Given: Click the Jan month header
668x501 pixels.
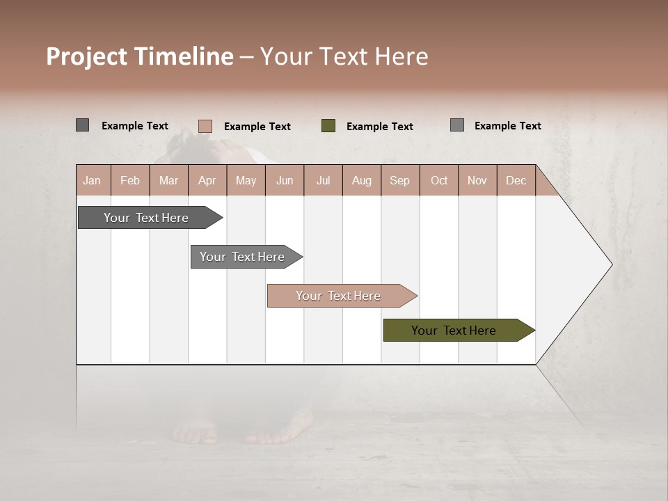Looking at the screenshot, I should tap(92, 180).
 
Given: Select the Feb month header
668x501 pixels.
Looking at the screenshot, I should tap(130, 180).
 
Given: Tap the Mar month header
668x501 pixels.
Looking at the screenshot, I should tap(168, 180).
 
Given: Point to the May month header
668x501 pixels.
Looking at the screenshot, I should tap(246, 180).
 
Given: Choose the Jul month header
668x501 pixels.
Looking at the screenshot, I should tap(323, 180).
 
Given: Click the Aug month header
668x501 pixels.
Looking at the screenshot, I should tap(361, 180).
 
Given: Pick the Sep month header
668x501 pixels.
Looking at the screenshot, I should tap(399, 180).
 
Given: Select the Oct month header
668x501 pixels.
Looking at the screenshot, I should tap(439, 180).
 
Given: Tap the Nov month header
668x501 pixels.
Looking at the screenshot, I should tap(477, 180).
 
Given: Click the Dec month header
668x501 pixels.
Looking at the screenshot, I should tap(516, 180).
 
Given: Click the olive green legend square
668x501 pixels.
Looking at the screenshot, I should tap(328, 126).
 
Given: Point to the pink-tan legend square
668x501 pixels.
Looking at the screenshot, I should tap(205, 126).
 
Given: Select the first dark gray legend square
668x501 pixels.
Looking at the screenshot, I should tap(83, 125).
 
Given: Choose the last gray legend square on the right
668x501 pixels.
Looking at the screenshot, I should tap(457, 125).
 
